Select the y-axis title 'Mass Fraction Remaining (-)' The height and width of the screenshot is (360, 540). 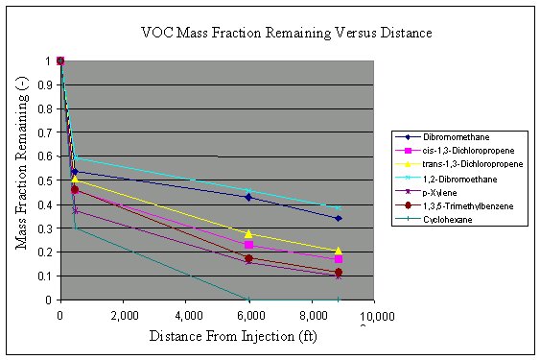pos(20,180)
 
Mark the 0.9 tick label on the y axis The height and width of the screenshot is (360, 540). pos(46,84)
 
